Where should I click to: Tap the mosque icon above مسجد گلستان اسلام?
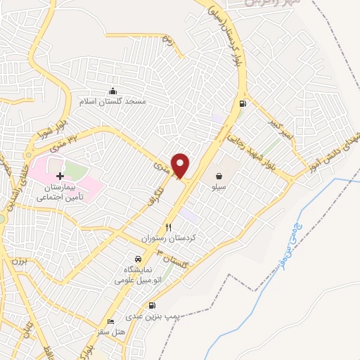pos(112,91)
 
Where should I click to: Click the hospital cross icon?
pos(60,175)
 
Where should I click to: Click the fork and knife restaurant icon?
pos(168,227)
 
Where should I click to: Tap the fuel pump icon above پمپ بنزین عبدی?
pos(153,305)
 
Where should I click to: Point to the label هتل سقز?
pos(110,331)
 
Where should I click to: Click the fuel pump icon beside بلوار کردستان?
pos(243,105)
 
